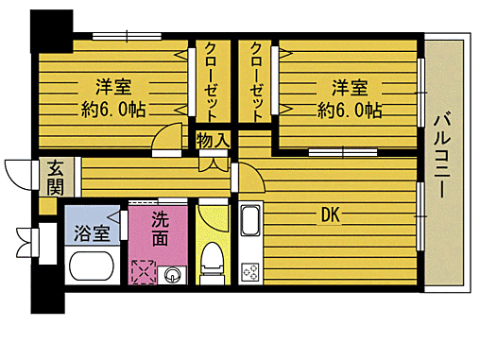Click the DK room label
(x=330, y=214)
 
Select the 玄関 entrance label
(x=55, y=177)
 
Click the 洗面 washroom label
(x=160, y=227)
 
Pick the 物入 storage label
(x=212, y=141)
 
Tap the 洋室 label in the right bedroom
(x=349, y=88)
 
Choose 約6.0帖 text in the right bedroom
(x=350, y=111)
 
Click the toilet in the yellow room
(x=213, y=261)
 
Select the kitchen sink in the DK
(x=249, y=223)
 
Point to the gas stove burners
(x=250, y=271)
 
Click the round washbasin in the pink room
(x=173, y=274)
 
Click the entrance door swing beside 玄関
(x=19, y=175)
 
